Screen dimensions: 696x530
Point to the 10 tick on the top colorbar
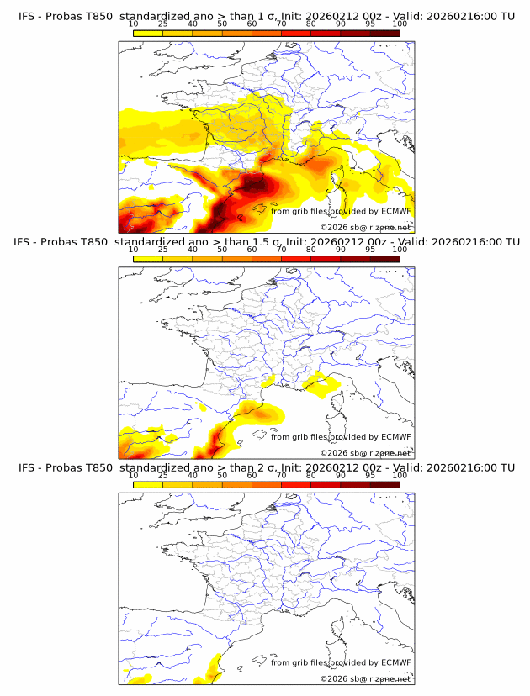point(133,25)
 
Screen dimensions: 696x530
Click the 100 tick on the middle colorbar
point(400,250)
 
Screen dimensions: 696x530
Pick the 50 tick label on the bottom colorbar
point(222,475)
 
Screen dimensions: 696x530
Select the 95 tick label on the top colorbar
point(370,25)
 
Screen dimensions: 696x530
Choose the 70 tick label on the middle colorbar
point(281,250)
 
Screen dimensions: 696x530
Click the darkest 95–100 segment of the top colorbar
point(384,34)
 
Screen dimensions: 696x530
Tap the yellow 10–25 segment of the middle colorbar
point(148,259)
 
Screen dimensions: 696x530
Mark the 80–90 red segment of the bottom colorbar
point(326,484)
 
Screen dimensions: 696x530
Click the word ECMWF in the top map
point(395,211)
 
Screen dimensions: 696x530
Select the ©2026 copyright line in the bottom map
point(365,678)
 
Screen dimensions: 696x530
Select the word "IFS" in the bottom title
point(27,467)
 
